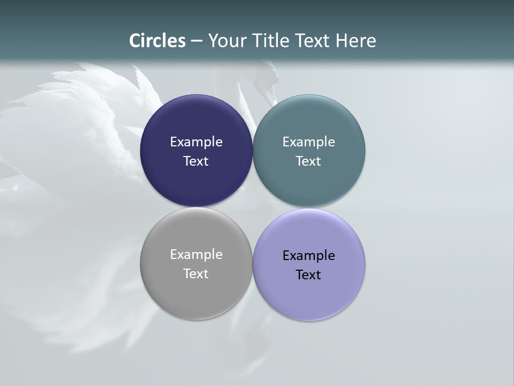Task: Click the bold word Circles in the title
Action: click(157, 41)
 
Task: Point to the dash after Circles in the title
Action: click(196, 41)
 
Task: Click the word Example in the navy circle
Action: click(196, 142)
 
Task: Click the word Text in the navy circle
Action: click(196, 161)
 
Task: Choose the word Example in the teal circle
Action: click(309, 142)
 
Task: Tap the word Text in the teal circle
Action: click(309, 161)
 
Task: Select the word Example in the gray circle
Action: click(196, 255)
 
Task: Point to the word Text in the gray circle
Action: click(196, 274)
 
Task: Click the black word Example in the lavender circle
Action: click(309, 256)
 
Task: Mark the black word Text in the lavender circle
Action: click(309, 275)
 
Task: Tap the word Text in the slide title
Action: click(313, 41)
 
